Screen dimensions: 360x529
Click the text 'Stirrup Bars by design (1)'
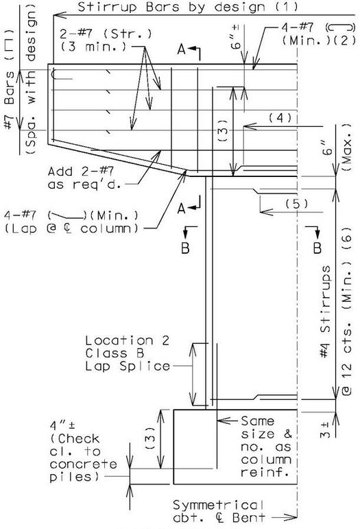coord(188,7)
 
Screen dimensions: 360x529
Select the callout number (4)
coord(280,118)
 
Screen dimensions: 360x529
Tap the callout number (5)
coord(297,204)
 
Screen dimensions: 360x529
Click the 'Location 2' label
coord(127,340)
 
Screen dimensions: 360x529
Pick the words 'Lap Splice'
coord(128,366)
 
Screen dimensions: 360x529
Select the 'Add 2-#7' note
coord(81,172)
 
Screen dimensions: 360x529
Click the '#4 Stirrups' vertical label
coord(325,311)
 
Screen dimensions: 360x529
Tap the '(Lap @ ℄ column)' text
coord(71,228)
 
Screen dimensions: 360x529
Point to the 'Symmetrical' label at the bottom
coord(219,505)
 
